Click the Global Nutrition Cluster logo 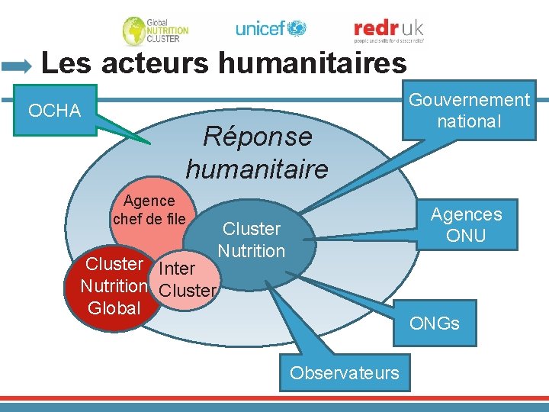click(x=156, y=31)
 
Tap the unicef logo click(x=271, y=29)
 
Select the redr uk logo click(x=388, y=30)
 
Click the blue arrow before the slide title click(x=17, y=66)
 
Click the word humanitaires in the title click(x=313, y=63)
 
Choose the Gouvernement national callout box click(x=469, y=111)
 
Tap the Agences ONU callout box click(x=466, y=225)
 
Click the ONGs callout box click(x=435, y=323)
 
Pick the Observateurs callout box click(x=345, y=373)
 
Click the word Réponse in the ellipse click(x=257, y=137)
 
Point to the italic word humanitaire click(x=257, y=169)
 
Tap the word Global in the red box click(x=114, y=308)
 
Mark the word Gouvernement click(x=469, y=100)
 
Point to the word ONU click(x=466, y=236)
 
